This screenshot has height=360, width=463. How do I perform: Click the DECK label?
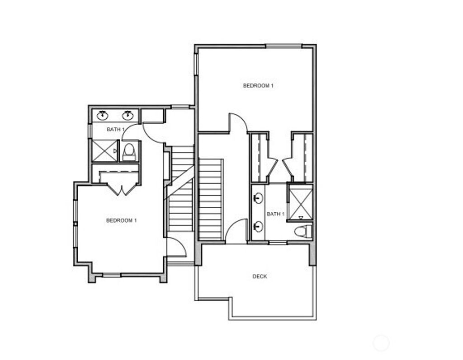(259, 276)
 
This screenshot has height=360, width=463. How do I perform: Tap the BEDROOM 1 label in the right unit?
(258, 85)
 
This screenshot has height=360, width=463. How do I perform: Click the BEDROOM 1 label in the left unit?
(121, 220)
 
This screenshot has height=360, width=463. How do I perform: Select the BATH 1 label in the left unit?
(115, 130)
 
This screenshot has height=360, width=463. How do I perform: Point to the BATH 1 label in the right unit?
(275, 214)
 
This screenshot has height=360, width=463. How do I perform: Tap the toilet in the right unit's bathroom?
(303, 232)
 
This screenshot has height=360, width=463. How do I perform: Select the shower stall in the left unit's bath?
(104, 150)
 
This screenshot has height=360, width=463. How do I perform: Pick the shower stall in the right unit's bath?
(300, 202)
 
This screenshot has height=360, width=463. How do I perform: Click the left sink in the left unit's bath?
(103, 115)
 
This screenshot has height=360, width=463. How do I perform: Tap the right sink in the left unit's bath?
(128, 115)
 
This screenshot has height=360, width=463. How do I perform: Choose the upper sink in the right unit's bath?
(258, 198)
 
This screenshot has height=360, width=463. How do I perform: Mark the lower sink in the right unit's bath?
(258, 226)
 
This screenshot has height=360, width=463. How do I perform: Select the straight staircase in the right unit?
(210, 199)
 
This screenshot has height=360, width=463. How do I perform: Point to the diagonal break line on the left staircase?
(180, 182)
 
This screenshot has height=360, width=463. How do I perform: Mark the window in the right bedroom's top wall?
(283, 46)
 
